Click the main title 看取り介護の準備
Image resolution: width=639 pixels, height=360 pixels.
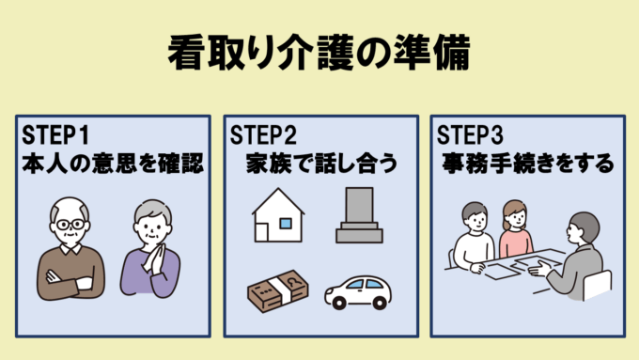tap(319, 51)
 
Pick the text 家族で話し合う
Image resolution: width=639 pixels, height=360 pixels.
tap(319, 164)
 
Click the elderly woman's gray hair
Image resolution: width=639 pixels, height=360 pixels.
tap(150, 211)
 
